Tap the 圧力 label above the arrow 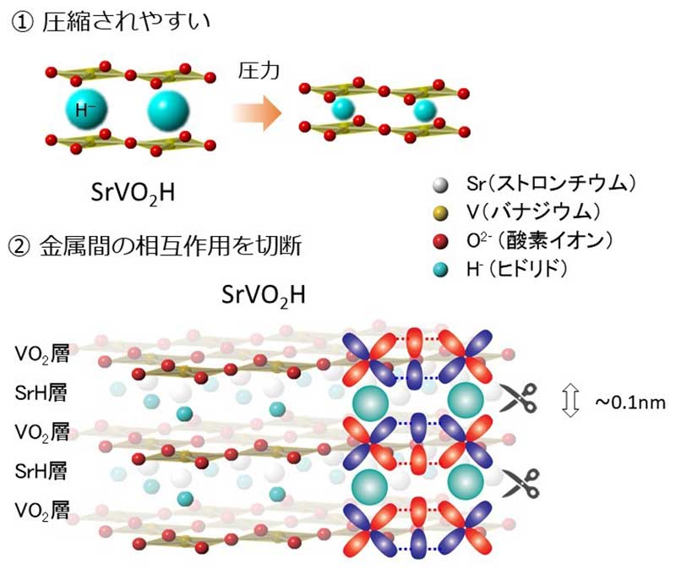[x=258, y=74]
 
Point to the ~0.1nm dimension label [x=630, y=403]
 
